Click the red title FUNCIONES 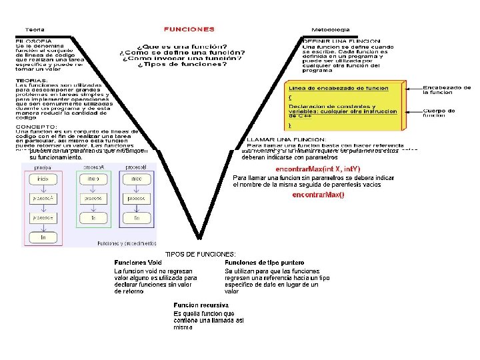coord(189,29)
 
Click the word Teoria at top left coord(35,29)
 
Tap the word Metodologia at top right coord(331,29)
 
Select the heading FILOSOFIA coord(32,41)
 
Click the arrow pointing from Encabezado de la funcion coord(414,87)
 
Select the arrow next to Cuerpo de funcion coord(414,111)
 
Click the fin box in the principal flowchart coord(43,237)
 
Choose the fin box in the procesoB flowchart coord(136,218)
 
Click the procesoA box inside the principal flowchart coord(43,199)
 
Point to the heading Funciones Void coord(138,262)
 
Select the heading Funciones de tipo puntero coord(264,262)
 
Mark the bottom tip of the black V coord(198,237)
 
